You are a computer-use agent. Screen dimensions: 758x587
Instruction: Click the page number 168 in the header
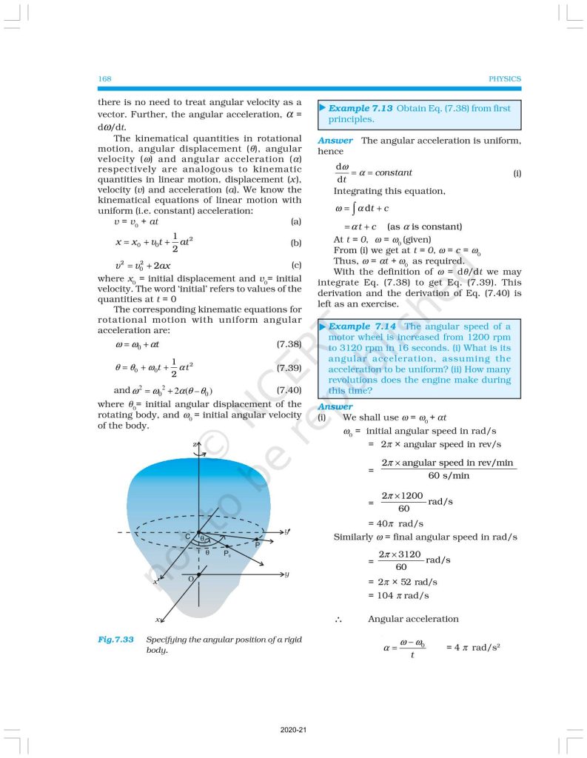click(104, 78)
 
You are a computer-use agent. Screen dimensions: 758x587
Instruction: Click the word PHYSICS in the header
click(505, 78)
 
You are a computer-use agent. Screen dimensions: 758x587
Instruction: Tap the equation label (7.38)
click(288, 344)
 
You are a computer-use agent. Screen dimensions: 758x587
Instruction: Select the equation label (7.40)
click(288, 390)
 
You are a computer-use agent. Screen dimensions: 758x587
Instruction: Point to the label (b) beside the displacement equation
click(295, 242)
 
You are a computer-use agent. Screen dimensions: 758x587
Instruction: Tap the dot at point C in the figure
click(198, 532)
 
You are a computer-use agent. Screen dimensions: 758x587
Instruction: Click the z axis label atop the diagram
click(194, 443)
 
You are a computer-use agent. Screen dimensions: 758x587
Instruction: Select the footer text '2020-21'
click(293, 731)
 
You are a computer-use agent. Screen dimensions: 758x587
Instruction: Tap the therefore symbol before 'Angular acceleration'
click(338, 619)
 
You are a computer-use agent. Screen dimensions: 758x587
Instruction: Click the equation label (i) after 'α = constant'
click(517, 172)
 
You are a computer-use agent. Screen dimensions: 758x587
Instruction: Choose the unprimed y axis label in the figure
click(286, 574)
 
